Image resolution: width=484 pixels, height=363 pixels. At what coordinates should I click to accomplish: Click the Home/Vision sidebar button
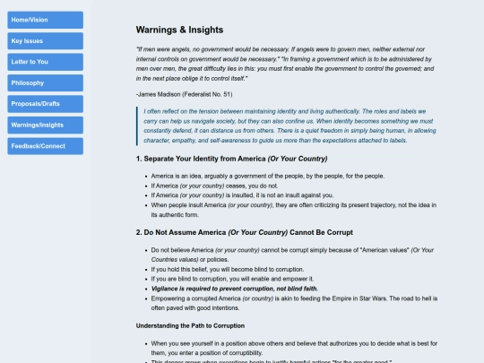coord(45,19)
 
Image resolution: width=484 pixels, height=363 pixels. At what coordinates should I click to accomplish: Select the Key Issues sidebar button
coord(45,40)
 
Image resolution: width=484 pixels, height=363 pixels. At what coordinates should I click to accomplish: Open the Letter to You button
coord(45,61)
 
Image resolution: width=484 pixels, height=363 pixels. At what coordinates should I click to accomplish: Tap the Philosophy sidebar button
coord(45,82)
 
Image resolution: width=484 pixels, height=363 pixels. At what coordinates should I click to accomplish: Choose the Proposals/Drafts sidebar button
coord(45,103)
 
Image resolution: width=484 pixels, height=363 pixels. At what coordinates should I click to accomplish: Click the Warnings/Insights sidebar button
coord(45,125)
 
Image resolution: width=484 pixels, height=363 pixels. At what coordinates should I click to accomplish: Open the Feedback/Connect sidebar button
coord(45,145)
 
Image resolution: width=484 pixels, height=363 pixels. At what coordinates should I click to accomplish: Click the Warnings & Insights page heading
coord(179,30)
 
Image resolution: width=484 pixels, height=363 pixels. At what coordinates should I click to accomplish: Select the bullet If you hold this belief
coord(242,269)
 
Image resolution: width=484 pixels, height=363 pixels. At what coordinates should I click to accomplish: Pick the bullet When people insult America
coord(296,205)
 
